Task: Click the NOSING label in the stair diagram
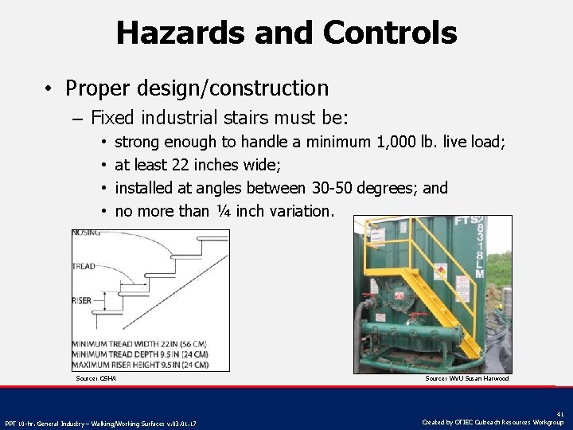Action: coord(86,233)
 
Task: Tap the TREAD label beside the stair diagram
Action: coord(84,266)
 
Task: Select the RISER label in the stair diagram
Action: coord(82,301)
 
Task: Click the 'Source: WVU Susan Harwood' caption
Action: coord(467,378)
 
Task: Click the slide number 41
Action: coord(561,413)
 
